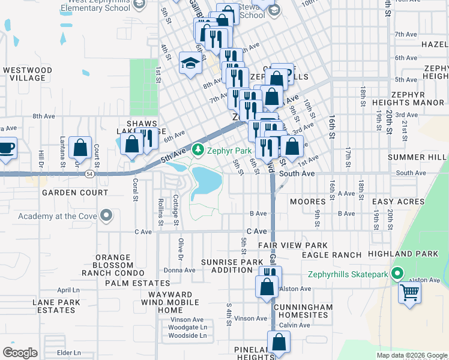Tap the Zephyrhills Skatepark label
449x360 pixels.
pyautogui.click(x=348, y=275)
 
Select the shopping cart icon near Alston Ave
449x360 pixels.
pyautogui.click(x=410, y=293)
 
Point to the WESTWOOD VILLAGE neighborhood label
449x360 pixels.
pyautogui.click(x=24, y=74)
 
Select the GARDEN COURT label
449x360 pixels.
pyautogui.click(x=75, y=193)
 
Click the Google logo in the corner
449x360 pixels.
pyautogui.click(x=20, y=353)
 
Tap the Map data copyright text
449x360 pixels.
pyautogui.click(x=412, y=355)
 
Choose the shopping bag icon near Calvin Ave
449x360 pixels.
pyautogui.click(x=279, y=343)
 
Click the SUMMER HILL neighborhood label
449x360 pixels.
pyautogui.click(x=417, y=157)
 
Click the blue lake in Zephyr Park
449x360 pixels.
pyautogui.click(x=208, y=181)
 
